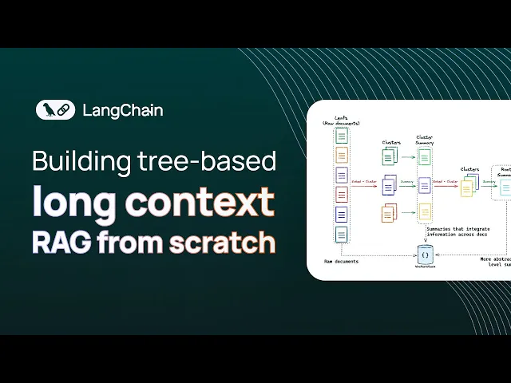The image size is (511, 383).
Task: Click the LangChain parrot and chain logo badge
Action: (55, 110)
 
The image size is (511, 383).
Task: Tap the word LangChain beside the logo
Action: (122, 110)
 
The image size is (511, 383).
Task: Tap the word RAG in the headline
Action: (61, 242)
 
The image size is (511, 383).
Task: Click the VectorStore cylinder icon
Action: (426, 254)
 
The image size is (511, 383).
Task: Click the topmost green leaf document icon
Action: (342, 136)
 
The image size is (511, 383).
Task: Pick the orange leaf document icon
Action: (342, 155)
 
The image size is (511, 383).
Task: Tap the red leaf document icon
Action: (342, 195)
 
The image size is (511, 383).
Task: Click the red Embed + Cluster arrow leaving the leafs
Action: (364, 183)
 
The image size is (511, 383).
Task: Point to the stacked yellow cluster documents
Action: (468, 188)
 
